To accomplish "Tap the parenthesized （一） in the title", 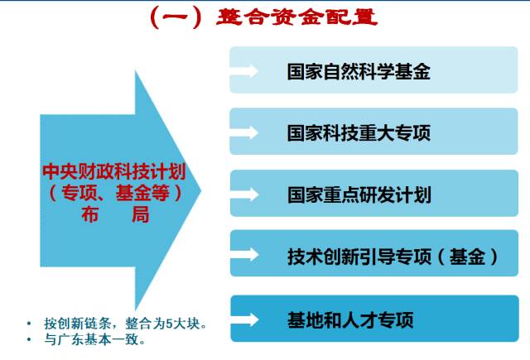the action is [175, 17].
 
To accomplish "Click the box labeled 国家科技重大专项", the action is [358, 132].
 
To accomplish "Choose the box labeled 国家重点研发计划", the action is [358, 194].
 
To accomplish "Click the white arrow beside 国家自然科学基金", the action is [245, 70].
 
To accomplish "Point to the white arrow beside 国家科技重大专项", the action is [245, 132].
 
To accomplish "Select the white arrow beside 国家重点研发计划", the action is [245, 194].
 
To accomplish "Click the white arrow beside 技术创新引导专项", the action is [245, 257].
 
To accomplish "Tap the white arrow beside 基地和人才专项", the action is [245, 319].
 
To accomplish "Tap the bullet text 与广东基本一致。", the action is [96, 339].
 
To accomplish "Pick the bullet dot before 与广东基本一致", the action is [31, 339].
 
